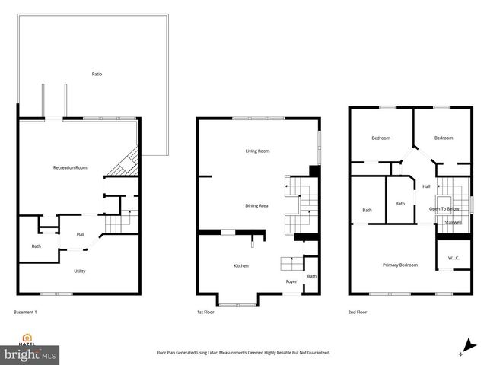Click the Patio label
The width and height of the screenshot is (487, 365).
pyautogui.click(x=97, y=74)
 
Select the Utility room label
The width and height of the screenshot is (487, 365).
pyautogui.click(x=79, y=271)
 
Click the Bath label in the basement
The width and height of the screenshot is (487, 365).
pyautogui.click(x=36, y=246)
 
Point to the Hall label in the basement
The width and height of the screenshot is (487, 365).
pyautogui.click(x=80, y=234)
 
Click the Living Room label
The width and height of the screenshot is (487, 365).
pyautogui.click(x=257, y=151)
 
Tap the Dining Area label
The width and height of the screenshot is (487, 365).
pyautogui.click(x=256, y=205)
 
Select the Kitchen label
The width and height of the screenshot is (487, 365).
pyautogui.click(x=241, y=265)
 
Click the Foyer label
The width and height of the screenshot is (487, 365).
pyautogui.click(x=291, y=281)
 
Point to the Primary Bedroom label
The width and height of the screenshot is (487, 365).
pyautogui.click(x=399, y=265)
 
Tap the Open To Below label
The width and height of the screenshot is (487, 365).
pyautogui.click(x=443, y=208)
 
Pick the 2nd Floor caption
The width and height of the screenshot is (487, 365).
pyautogui.click(x=358, y=312)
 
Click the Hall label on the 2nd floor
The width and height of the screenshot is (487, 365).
pyautogui.click(x=426, y=186)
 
